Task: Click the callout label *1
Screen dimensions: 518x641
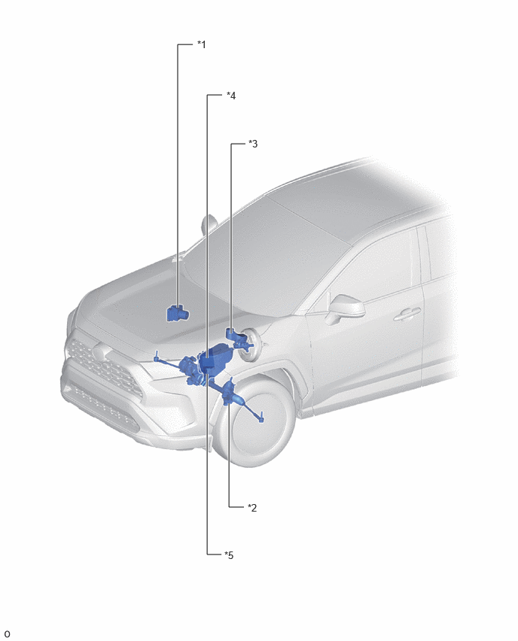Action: pyautogui.click(x=201, y=44)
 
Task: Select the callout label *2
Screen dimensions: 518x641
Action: pyautogui.click(x=252, y=508)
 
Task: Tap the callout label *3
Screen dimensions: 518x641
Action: pyautogui.click(x=253, y=144)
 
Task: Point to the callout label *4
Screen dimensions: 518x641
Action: pyautogui.click(x=231, y=96)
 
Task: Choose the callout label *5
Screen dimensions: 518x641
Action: pyautogui.click(x=229, y=555)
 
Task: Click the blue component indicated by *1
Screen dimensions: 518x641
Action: pyautogui.click(x=178, y=313)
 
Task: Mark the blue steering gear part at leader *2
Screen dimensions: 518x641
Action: pyautogui.click(x=231, y=393)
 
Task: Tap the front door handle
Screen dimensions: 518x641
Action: pyautogui.click(x=407, y=314)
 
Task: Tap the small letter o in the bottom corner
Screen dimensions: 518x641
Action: pyautogui.click(x=7, y=634)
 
